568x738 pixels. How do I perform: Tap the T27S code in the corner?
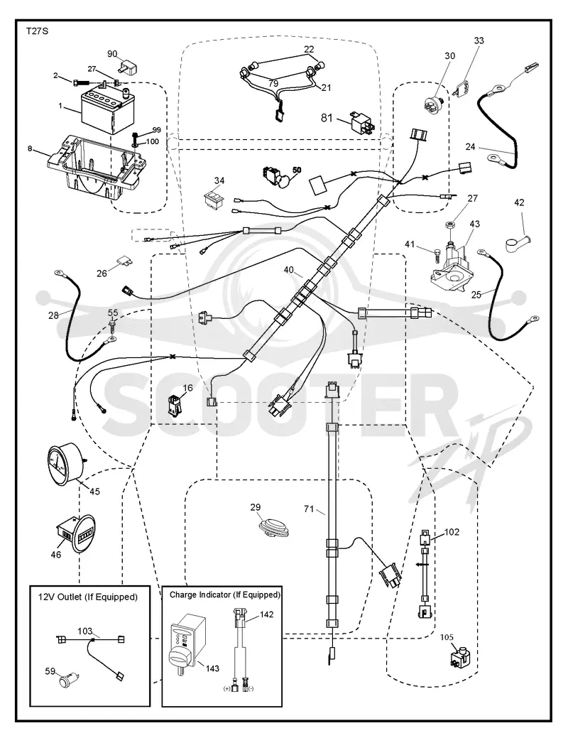pos(37,31)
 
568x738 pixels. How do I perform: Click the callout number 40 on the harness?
pos(288,270)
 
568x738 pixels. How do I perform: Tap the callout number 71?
pos(309,509)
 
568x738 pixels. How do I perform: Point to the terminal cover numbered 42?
pos(516,245)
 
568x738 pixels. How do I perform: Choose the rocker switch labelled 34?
pos(214,199)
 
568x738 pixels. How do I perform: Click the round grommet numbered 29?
pos(275,526)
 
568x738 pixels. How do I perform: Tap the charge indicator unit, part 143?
pos(185,642)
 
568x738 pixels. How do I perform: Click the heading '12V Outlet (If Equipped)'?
pos(88,597)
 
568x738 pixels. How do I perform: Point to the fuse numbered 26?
pos(121,261)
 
